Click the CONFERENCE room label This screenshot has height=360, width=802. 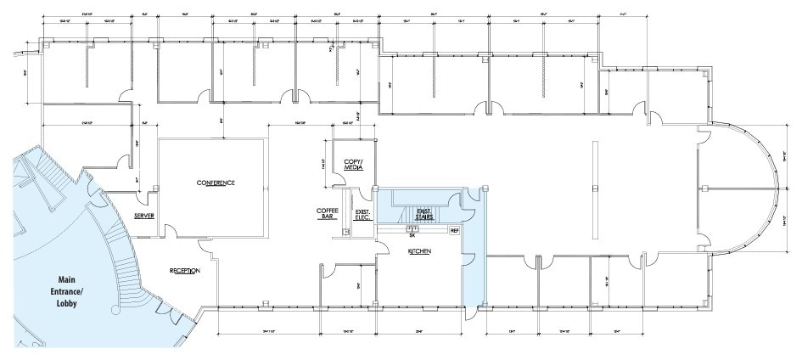pyautogui.click(x=215, y=183)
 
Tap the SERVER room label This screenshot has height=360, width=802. pyautogui.click(x=143, y=217)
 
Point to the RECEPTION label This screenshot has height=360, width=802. pyautogui.click(x=184, y=271)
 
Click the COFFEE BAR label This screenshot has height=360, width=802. pyautogui.click(x=328, y=213)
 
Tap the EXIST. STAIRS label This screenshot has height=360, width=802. pyautogui.click(x=424, y=214)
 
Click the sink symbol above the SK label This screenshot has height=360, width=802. pyautogui.click(x=412, y=228)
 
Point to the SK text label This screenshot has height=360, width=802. pyautogui.click(x=412, y=235)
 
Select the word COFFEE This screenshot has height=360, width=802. pyautogui.click(x=328, y=210)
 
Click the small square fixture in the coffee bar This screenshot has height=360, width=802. pyautogui.click(x=346, y=231)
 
